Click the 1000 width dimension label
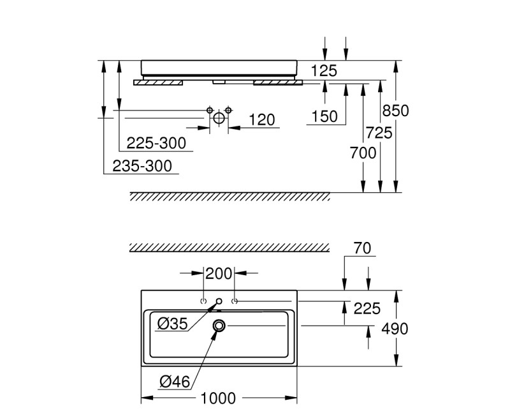tap(218, 398)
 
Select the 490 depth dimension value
tap(395, 329)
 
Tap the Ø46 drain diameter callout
tap(175, 381)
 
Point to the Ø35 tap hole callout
tap(173, 324)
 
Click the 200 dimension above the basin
tap(219, 274)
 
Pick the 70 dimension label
tap(362, 248)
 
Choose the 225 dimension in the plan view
tap(367, 308)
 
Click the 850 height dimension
tap(395, 110)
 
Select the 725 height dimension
tap(379, 133)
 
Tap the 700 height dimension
tap(363, 153)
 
